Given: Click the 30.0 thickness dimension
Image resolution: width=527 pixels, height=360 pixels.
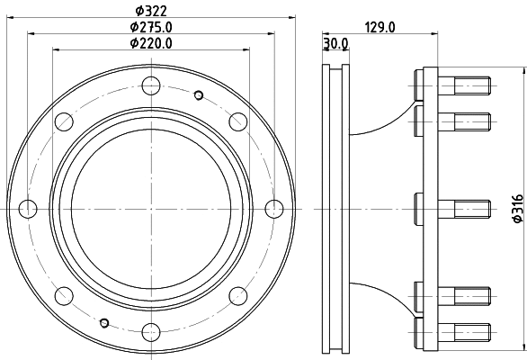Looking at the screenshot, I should (x=336, y=43).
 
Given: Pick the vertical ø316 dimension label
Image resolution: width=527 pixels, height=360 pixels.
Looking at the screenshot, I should (x=517, y=208).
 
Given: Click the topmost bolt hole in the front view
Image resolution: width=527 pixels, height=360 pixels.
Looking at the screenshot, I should (x=150, y=87).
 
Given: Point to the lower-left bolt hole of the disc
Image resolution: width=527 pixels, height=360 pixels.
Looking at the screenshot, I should (x=64, y=294).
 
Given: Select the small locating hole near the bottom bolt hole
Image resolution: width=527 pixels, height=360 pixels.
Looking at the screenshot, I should (x=104, y=322).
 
